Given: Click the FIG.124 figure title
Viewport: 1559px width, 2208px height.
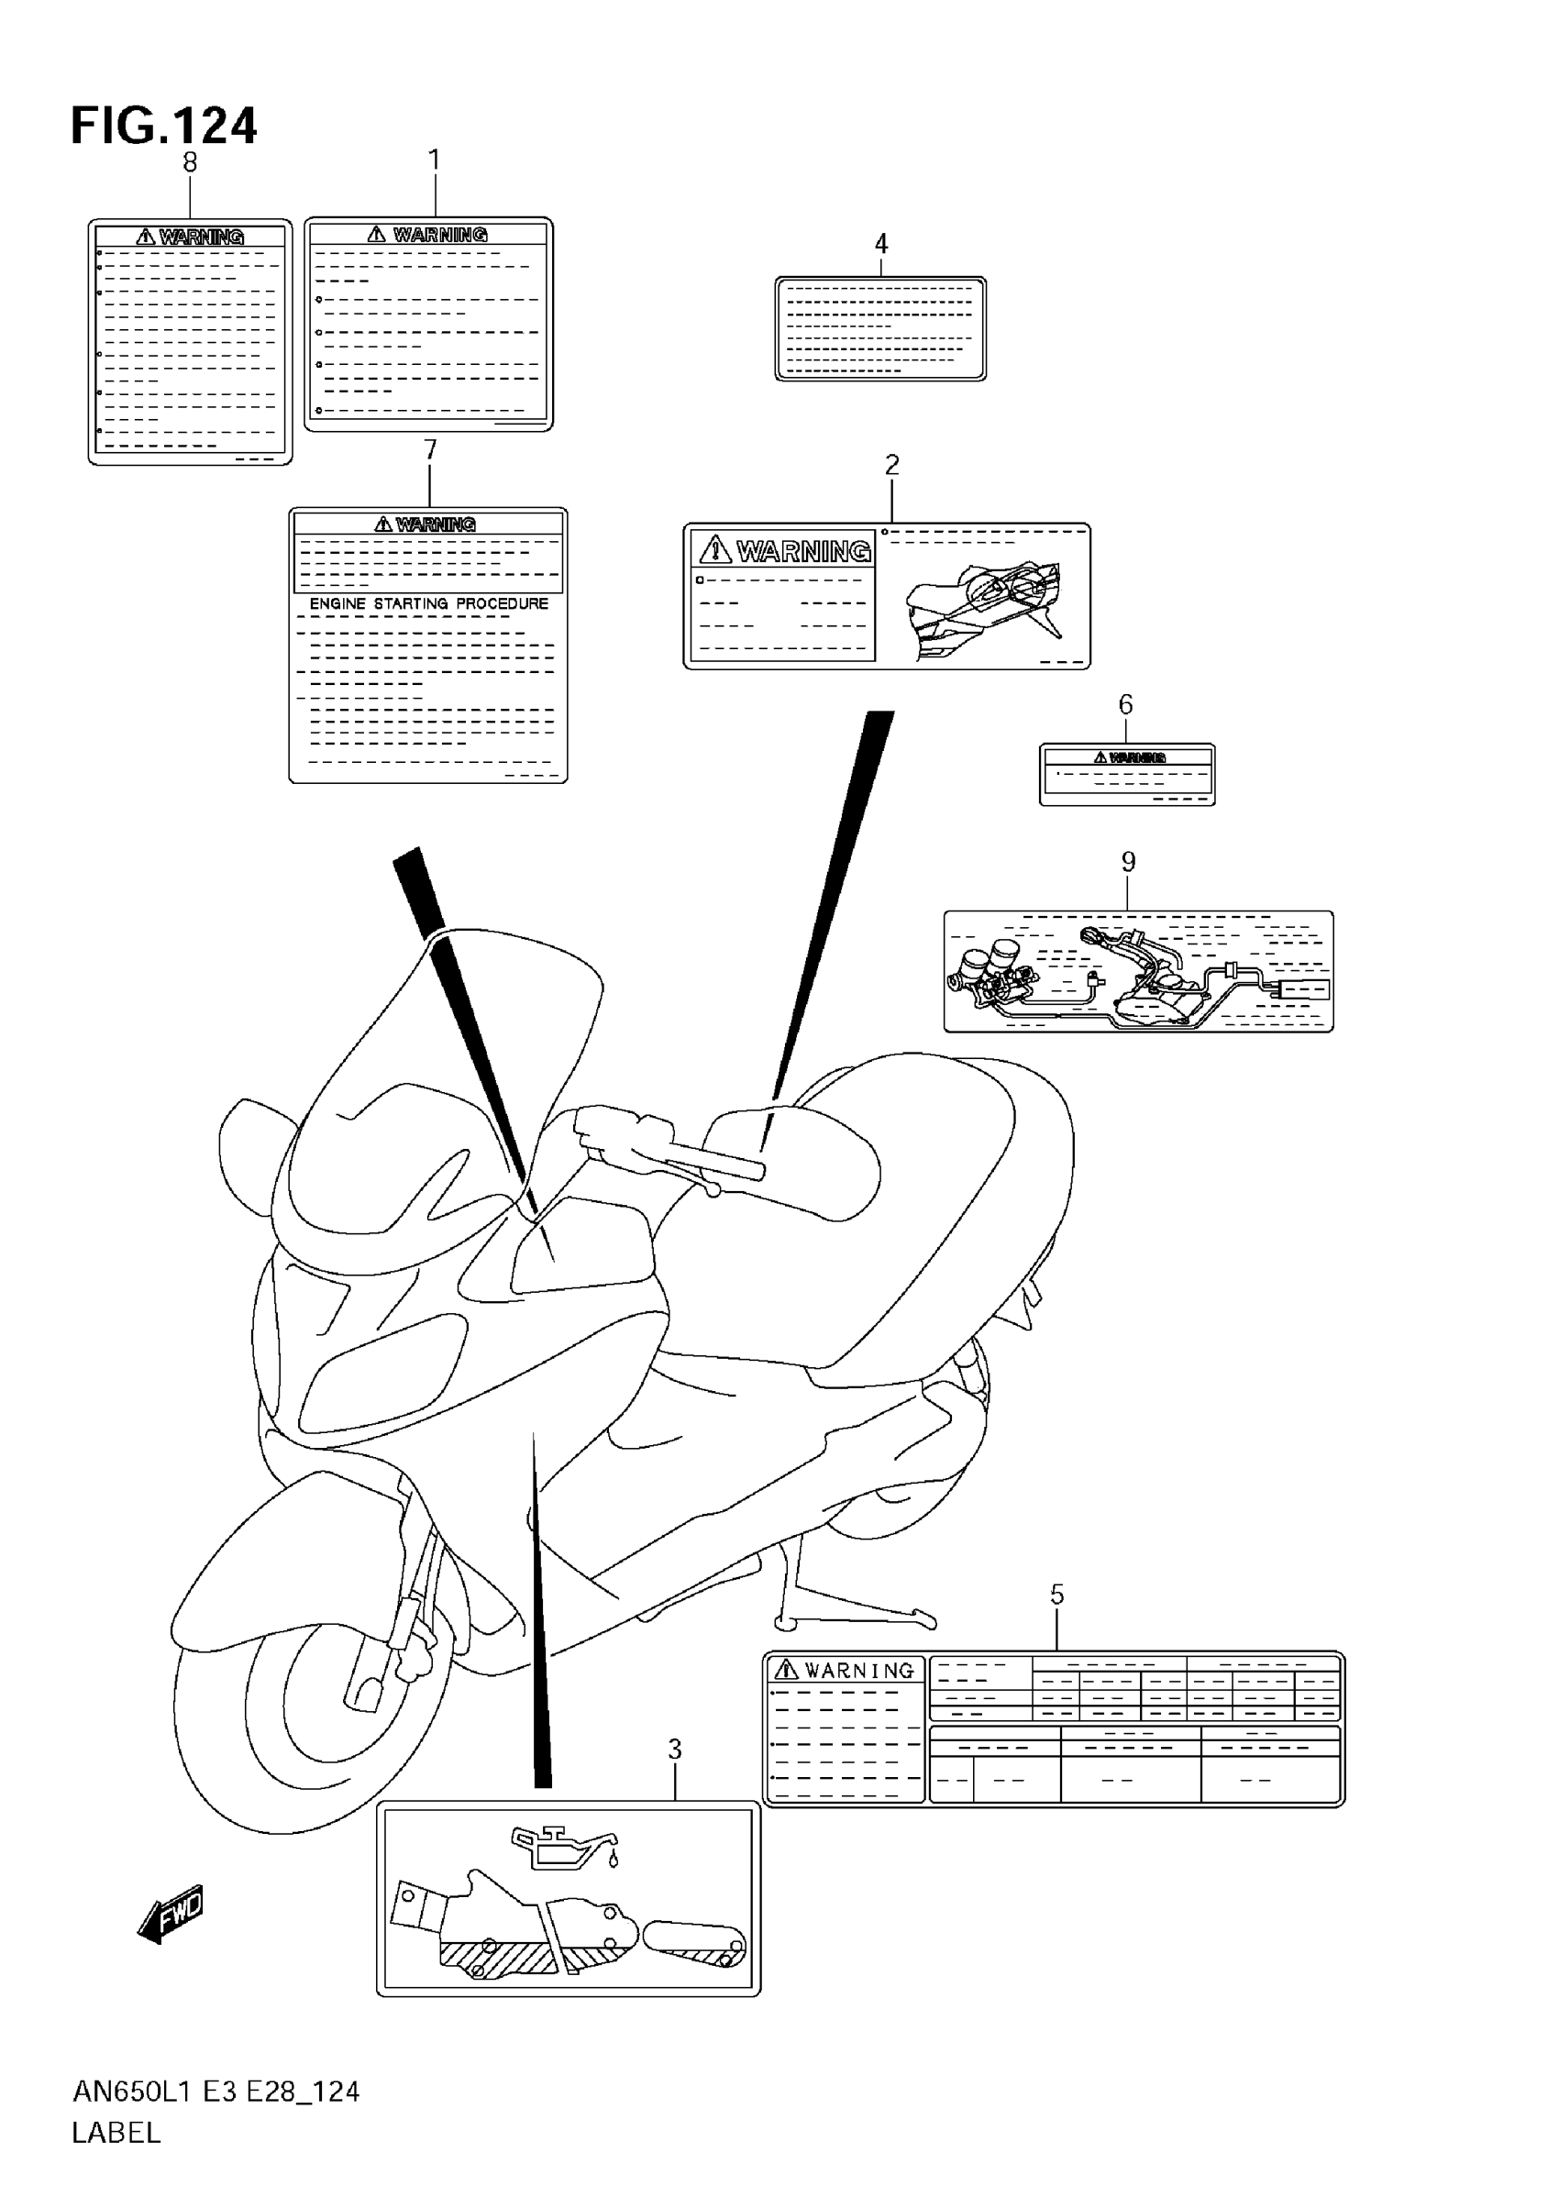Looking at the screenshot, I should [163, 126].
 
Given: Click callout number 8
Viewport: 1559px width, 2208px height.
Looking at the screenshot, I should [190, 163].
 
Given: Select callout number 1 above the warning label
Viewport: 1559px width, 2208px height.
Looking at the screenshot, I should [434, 160].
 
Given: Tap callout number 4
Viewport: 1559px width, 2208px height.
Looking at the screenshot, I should [881, 244].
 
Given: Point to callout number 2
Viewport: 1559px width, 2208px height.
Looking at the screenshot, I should [891, 466].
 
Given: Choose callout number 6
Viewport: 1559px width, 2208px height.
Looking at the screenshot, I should [1125, 705].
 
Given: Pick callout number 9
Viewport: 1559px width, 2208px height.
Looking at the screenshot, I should [1128, 863].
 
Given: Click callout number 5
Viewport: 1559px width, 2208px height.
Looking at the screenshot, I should [1057, 1595].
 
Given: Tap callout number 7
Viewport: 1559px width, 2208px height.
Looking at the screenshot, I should [430, 450].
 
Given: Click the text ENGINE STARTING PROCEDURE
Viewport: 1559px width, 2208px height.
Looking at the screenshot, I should [429, 604].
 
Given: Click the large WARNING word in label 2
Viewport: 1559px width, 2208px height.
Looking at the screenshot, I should [803, 551].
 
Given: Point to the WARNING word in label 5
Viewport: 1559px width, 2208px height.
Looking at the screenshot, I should [859, 1672].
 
